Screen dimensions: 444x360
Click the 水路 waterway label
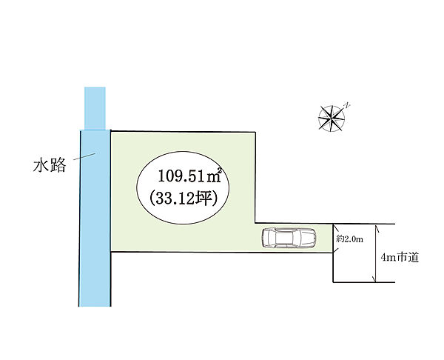pyautogui.click(x=50, y=165)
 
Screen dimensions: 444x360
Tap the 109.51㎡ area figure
pyautogui.click(x=189, y=176)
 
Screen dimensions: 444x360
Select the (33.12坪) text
pyautogui.click(x=184, y=198)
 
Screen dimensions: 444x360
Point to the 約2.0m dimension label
pyautogui.click(x=349, y=239)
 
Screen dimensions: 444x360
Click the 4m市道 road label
pyautogui.click(x=400, y=257)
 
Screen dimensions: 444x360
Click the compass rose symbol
pyautogui.click(x=332, y=119)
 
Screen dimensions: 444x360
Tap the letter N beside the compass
pyautogui.click(x=348, y=106)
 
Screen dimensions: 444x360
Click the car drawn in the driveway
pyautogui.click(x=289, y=238)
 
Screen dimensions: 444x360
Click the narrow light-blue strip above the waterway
pyautogui.click(x=95, y=108)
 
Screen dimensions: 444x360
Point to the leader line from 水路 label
pyautogui.click(x=84, y=156)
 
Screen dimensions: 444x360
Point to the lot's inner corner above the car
pyautogui.click(x=255, y=223)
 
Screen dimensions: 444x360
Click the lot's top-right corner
pyautogui.click(x=255, y=132)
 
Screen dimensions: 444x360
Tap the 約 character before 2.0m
pyautogui.click(x=340, y=239)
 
